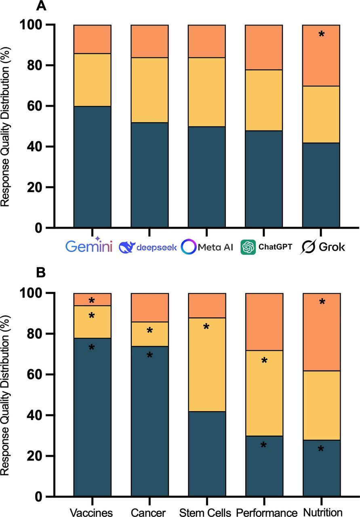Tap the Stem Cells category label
[x=206, y=512]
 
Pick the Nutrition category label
[x=321, y=512]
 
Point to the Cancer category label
[x=149, y=512]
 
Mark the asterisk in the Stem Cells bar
[x=206, y=327]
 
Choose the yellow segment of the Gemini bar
[x=92, y=80]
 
